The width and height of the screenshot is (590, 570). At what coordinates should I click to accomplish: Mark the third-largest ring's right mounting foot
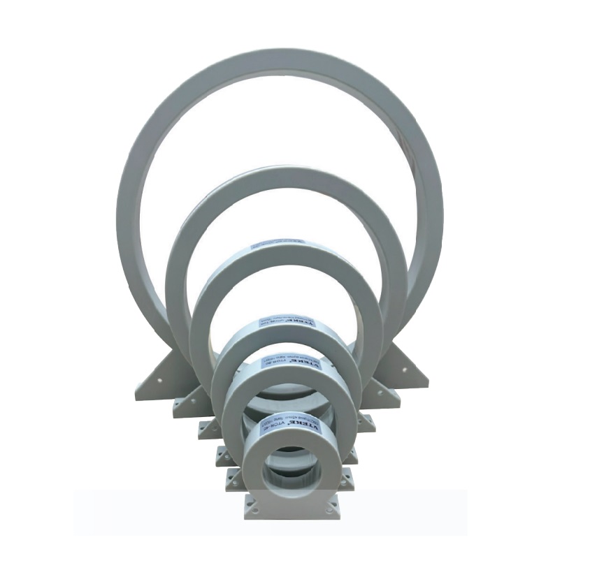click(365, 421)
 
